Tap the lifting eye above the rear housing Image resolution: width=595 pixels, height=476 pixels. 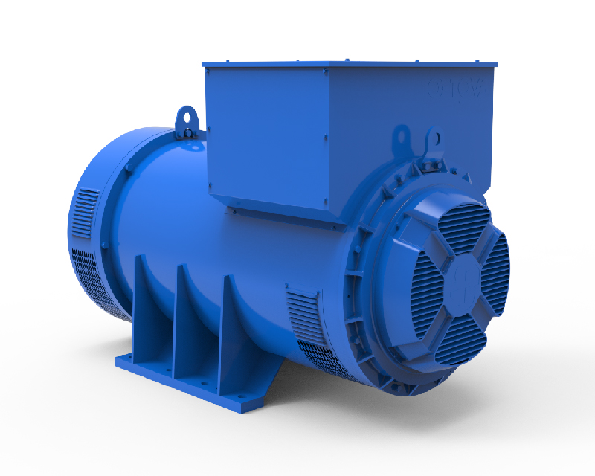[185, 119]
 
